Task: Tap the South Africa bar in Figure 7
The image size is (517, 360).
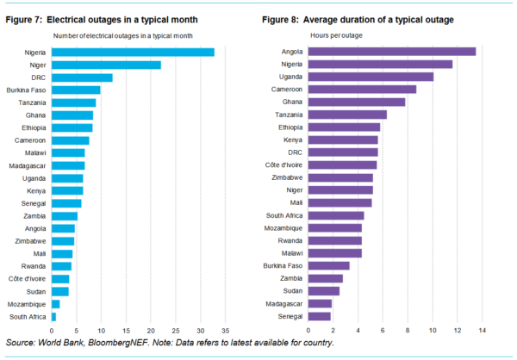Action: point(53,317)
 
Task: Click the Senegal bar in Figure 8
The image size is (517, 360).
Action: point(320,316)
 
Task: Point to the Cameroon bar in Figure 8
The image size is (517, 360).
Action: point(362,89)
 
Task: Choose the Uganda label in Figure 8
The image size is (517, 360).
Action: point(292,77)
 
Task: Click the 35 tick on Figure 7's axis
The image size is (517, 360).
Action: point(225,330)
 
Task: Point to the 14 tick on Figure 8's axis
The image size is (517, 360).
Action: point(483,330)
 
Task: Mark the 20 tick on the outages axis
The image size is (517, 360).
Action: point(151,330)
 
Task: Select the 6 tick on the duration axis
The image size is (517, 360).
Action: point(383,330)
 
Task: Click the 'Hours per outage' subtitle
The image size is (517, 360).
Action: point(337,34)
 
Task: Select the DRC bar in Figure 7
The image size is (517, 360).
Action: point(82,78)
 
